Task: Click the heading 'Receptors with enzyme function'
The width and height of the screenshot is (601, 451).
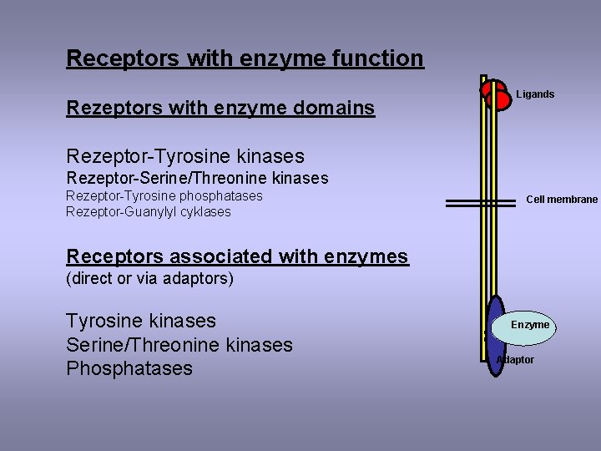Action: (x=245, y=58)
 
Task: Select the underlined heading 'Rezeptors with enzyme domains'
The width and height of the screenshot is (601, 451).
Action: (x=220, y=108)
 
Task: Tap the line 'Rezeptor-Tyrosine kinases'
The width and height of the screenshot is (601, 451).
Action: (x=185, y=156)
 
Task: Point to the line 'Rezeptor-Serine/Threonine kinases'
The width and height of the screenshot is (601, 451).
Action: (x=197, y=178)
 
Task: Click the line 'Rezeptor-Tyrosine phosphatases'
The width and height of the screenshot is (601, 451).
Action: (x=164, y=195)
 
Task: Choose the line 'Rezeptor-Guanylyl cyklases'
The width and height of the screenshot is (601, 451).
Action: (x=148, y=212)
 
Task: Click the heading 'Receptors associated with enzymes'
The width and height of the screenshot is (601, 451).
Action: (x=237, y=256)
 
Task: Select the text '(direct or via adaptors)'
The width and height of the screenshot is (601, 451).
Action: (x=149, y=278)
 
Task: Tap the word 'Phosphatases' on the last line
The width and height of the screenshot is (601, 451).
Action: (x=129, y=368)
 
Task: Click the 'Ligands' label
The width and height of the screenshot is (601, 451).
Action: (x=535, y=94)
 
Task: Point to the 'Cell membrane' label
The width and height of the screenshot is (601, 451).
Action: (x=562, y=200)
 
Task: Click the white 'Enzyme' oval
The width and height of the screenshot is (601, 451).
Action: (x=530, y=324)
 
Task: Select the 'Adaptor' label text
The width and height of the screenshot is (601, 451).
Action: (x=516, y=360)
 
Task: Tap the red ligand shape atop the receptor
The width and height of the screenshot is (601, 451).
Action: (x=497, y=94)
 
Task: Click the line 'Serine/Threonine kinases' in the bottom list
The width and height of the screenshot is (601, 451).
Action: (x=179, y=345)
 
